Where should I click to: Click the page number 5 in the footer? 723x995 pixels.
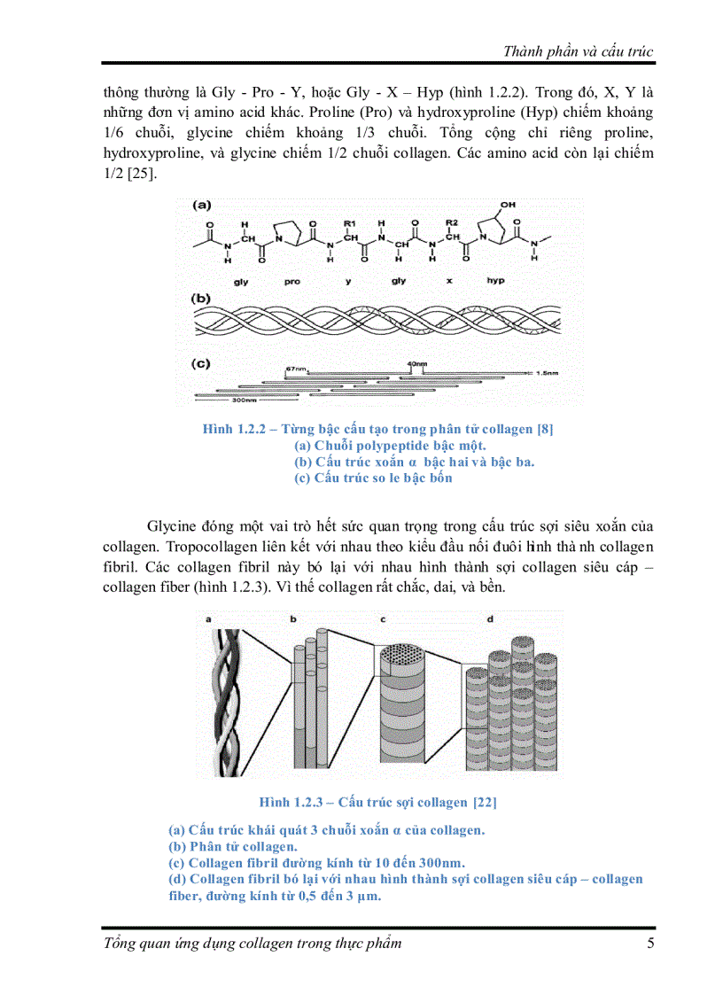point(650,943)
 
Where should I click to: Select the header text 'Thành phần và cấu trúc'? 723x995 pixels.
point(578,51)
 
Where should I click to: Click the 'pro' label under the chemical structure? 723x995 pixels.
point(293,280)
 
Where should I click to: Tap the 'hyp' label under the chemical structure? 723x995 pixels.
point(494,280)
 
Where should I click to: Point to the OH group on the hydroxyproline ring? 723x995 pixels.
point(506,205)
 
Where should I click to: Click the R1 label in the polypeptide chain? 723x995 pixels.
point(350,222)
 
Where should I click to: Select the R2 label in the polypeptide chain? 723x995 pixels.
point(451,222)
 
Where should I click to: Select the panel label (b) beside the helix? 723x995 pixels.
point(202,299)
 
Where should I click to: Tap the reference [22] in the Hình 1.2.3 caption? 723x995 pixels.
point(485,802)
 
